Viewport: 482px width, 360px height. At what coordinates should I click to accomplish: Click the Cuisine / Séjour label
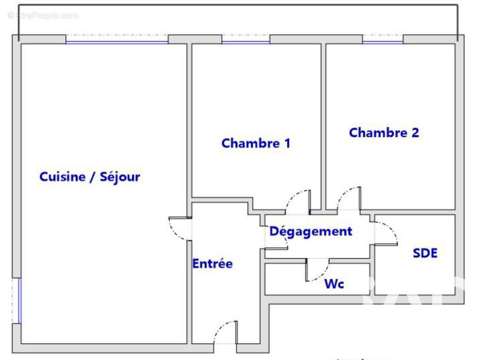pos(89,177)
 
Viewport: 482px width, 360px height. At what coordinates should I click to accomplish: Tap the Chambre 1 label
pos(255,144)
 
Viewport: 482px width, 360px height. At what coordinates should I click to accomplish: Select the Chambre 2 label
pos(384,133)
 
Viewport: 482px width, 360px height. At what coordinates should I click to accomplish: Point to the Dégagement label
pos(310,231)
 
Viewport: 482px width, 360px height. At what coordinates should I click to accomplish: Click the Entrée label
pos(212,264)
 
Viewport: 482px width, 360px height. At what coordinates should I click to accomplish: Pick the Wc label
pos(334,284)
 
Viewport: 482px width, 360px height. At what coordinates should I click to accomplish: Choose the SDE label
pos(425,253)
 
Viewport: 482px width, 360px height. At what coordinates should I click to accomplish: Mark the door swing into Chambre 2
pos(348,198)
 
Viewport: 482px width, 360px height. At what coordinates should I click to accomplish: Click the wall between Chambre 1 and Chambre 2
pos(323,126)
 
